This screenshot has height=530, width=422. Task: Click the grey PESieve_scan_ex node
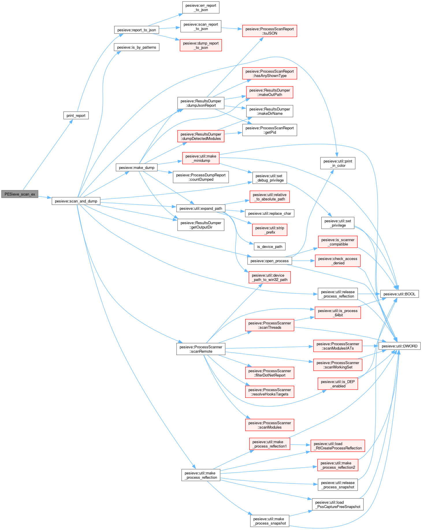20,194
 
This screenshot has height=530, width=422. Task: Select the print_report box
76,115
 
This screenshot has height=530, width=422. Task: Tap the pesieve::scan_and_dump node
76,201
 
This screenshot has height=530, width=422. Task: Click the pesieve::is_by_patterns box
136,47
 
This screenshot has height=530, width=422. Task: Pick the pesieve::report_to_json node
136,30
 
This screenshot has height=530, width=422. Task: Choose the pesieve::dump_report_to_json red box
201,45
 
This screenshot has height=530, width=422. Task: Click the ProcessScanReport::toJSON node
269,31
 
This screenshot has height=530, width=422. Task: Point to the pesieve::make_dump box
137,167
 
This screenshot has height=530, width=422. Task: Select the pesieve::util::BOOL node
399,294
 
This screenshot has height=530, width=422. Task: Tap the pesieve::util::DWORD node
399,346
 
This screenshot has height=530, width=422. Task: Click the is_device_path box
269,247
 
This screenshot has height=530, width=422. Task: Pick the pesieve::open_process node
269,261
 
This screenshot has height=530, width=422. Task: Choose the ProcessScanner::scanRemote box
201,349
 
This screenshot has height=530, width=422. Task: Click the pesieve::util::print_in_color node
338,163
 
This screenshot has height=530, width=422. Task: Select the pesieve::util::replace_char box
269,213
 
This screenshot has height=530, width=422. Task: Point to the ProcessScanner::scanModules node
270,425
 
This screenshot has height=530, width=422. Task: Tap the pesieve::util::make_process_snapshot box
269,521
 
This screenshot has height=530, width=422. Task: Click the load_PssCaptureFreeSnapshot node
338,504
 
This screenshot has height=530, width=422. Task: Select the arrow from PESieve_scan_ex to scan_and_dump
45,197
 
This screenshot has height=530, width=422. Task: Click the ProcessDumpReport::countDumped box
201,177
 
